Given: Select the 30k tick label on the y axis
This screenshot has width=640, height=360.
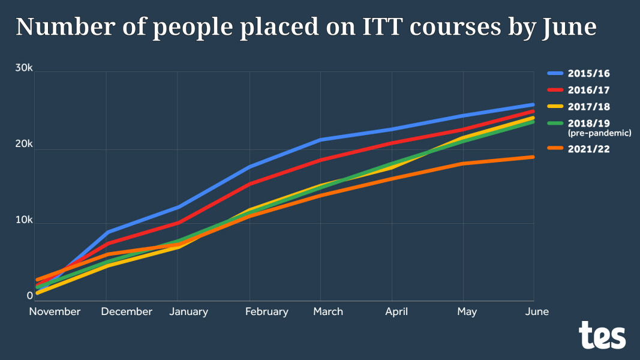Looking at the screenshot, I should pos(24,68).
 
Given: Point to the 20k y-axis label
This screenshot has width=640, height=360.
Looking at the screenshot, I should pos(24,144).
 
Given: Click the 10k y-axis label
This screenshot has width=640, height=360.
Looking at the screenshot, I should pos(24,220).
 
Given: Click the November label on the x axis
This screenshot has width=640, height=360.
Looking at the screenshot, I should pos(55,311).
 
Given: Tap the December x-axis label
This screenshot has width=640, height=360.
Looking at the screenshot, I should pos(127,311).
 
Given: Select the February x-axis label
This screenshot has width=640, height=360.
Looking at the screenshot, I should pos(267,311).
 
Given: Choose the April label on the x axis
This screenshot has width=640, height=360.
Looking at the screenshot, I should pos(396,311).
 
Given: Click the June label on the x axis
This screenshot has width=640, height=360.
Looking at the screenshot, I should pos(537,311).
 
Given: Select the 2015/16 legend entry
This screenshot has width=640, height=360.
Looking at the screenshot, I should pos(590,74).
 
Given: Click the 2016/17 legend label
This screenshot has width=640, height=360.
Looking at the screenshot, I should pos(590,90).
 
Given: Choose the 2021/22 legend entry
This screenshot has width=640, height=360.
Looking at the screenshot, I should pos(590,149).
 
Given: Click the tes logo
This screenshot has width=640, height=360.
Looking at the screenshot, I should pos(602,335).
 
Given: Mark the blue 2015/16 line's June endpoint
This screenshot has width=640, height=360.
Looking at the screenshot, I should pos(533,105).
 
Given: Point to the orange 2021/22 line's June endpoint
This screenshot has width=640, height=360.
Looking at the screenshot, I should pos(533,157).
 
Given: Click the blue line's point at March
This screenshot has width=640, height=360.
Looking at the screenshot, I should pos(321,140).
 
